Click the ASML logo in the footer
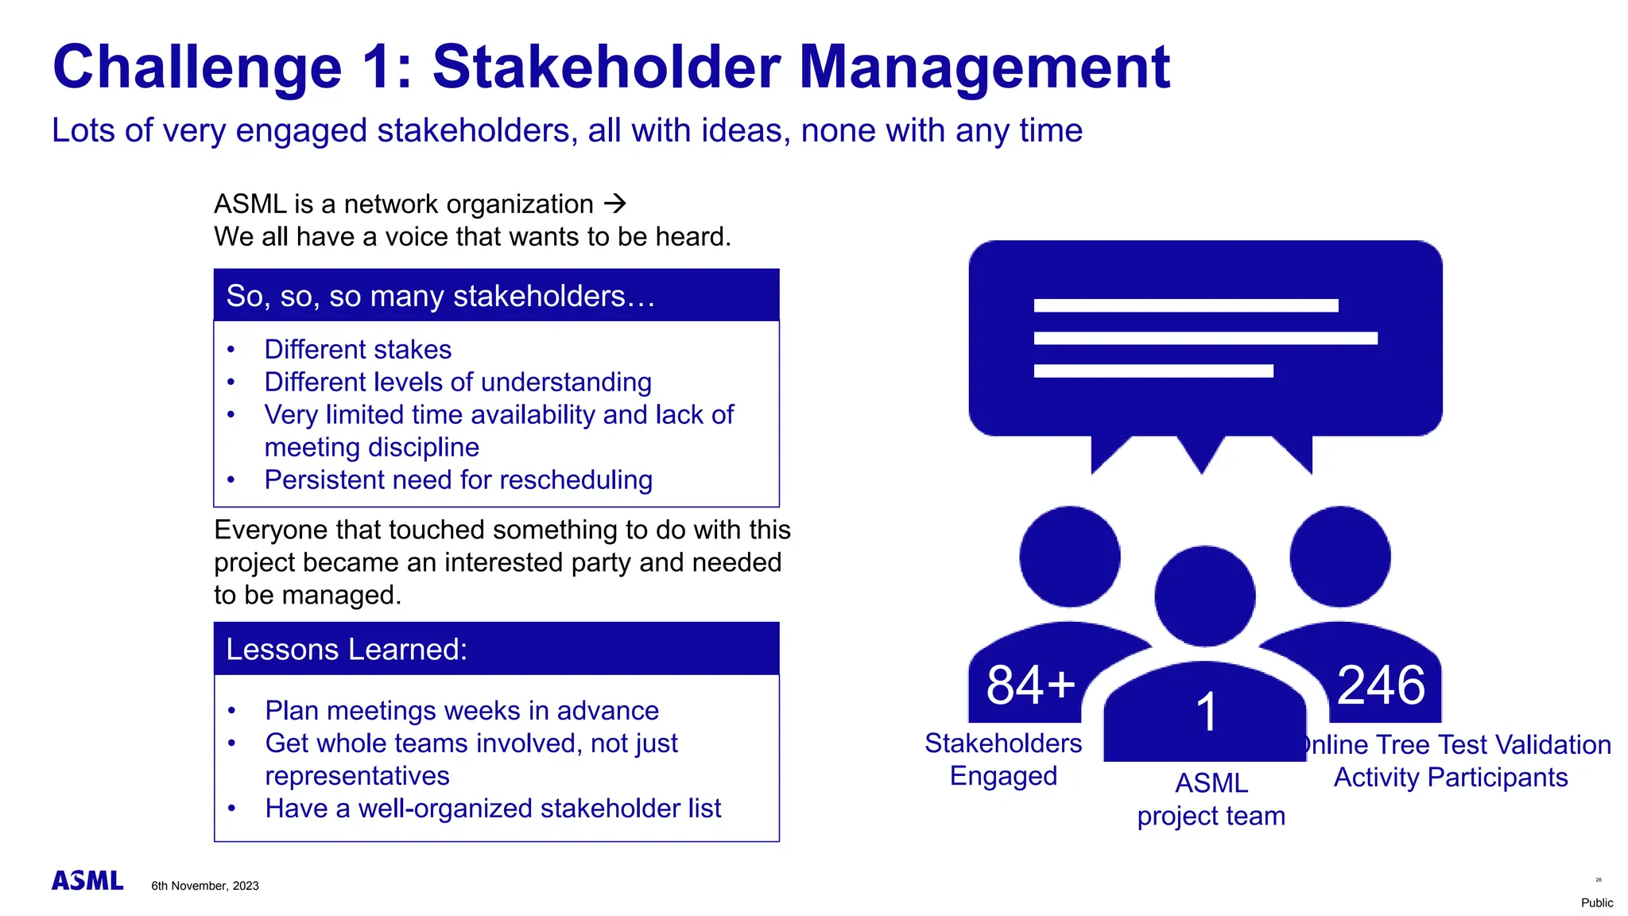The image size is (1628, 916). [87, 880]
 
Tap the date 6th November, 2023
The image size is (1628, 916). [205, 886]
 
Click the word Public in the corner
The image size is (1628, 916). [1596, 902]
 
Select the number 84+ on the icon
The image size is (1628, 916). [1030, 685]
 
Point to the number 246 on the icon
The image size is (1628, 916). [1381, 685]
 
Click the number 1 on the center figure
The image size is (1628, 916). [1206, 712]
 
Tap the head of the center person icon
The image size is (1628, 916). [1204, 596]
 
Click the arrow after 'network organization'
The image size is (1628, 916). [614, 204]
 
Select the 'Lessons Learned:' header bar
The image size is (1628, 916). [496, 649]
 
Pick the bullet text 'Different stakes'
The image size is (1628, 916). [358, 350]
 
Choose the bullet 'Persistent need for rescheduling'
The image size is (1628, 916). [458, 480]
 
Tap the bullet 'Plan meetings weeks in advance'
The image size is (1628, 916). [462, 710]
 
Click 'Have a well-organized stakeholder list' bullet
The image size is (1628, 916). [493, 809]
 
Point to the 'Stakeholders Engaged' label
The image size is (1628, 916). [1003, 759]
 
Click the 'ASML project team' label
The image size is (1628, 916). [1211, 799]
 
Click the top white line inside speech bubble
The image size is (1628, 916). [1185, 305]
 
